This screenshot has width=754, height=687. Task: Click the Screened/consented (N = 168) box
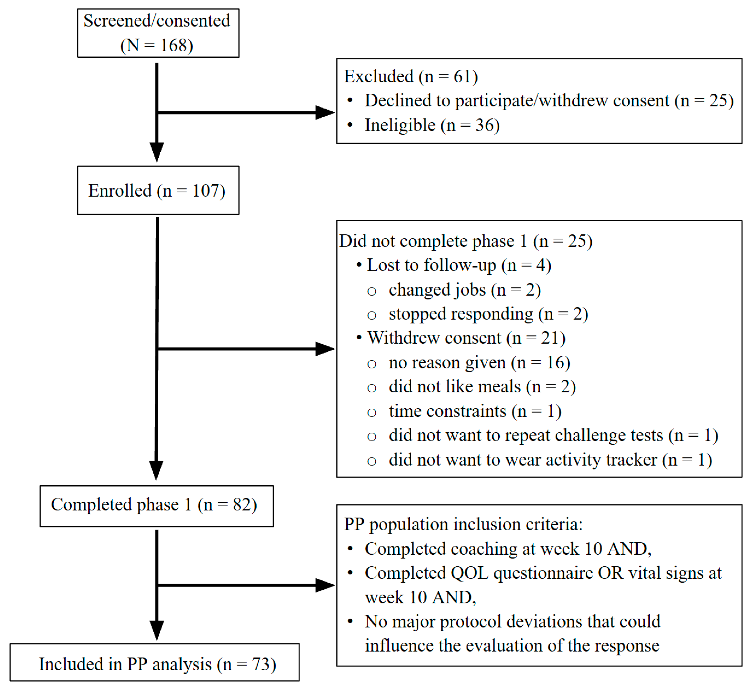[x=158, y=33]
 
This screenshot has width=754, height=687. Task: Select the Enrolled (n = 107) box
[x=158, y=190]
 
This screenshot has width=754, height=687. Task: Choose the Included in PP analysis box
[x=154, y=664]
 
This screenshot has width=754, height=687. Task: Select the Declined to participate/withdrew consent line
[x=549, y=101]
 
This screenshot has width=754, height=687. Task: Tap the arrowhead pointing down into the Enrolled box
[x=157, y=152]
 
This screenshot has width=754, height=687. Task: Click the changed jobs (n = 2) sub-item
[x=465, y=290]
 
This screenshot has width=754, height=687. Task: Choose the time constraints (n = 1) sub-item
[x=475, y=411]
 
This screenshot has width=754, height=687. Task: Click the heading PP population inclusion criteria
[x=463, y=524]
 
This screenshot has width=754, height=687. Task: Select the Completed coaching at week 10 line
[x=508, y=549]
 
